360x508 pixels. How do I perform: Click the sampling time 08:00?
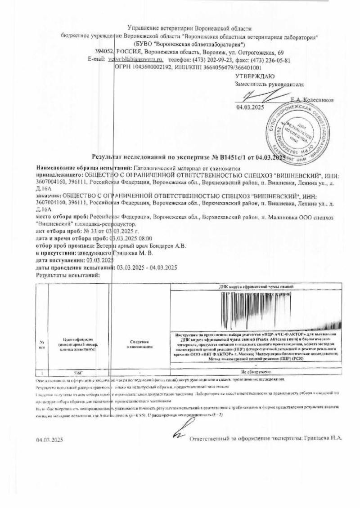[x=145, y=238]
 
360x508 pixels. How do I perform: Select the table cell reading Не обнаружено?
[x=255, y=372]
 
